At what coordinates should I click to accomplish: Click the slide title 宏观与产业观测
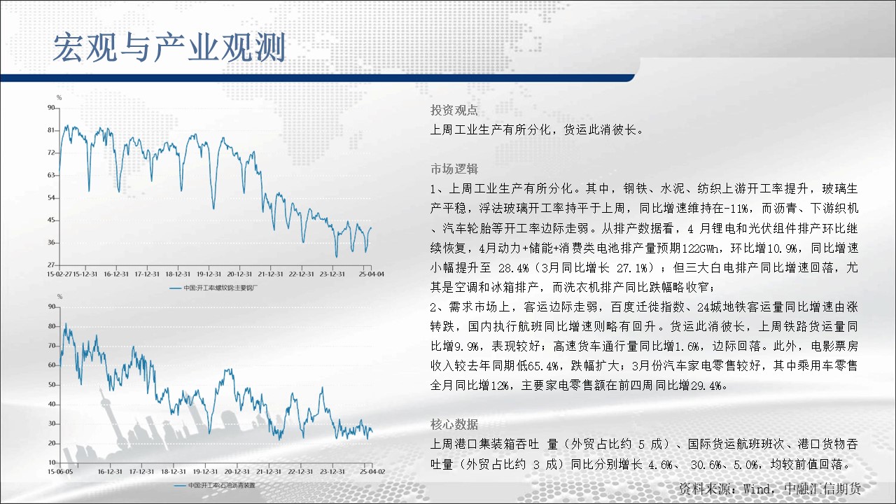point(169,48)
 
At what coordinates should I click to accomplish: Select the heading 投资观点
point(454,110)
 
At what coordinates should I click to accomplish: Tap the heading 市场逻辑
point(454,169)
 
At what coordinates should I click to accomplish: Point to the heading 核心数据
point(454,424)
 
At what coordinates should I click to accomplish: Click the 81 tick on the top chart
point(51,130)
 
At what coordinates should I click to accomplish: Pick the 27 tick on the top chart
point(51,265)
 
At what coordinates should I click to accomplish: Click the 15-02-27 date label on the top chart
point(59,274)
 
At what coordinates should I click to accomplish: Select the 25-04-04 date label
point(372,274)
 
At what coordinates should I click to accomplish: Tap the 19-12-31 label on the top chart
point(209,274)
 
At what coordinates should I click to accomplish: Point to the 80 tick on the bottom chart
point(52,326)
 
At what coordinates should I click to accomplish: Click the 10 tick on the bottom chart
point(52,463)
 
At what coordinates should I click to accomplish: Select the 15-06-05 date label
point(60,472)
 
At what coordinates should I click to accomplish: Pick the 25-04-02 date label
point(372,472)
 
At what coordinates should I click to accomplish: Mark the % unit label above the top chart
point(59,97)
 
